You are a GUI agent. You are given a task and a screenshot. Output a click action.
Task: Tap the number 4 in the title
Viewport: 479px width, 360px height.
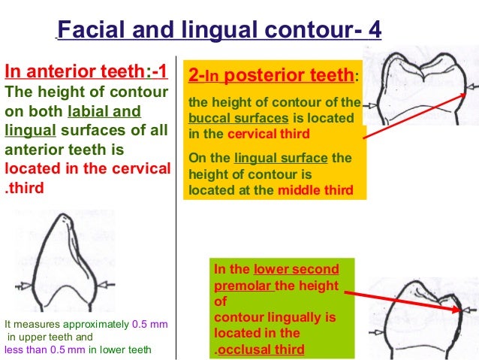point(373,31)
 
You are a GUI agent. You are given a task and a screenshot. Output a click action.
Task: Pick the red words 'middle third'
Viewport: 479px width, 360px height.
point(315,190)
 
